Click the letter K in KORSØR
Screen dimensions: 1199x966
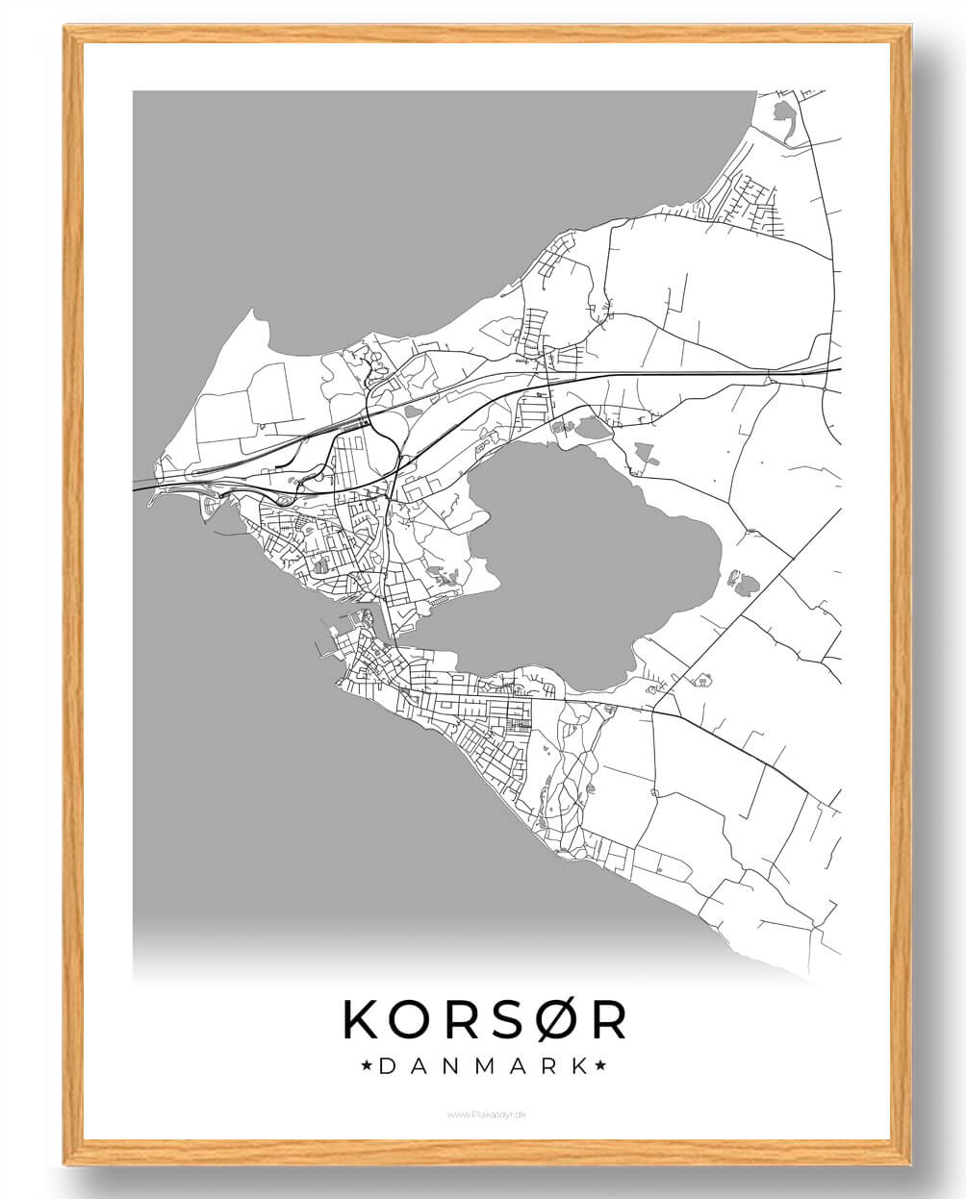[x=364, y=1020]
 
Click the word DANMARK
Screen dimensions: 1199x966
[x=484, y=1066]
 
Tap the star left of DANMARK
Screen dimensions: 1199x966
[x=367, y=1066]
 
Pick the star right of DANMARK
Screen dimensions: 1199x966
[x=601, y=1066]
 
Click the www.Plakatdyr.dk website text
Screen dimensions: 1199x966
[x=485, y=1114]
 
